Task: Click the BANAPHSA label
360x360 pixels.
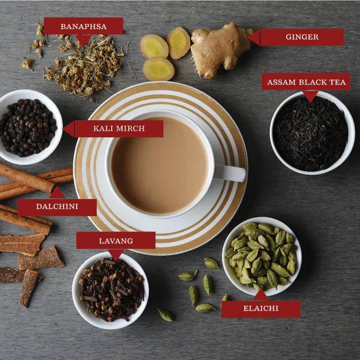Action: click(x=84, y=26)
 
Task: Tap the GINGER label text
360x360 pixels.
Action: click(x=302, y=37)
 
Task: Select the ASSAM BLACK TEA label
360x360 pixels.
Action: click(x=306, y=82)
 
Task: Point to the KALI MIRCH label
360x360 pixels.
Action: click(x=119, y=129)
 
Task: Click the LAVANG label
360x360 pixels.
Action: click(x=116, y=240)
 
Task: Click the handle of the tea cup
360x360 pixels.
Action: click(x=230, y=173)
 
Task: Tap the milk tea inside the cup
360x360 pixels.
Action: click(x=160, y=166)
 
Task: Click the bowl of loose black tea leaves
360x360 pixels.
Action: click(x=312, y=133)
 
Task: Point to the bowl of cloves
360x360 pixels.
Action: click(x=110, y=290)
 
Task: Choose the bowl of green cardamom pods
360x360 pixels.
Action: click(x=262, y=256)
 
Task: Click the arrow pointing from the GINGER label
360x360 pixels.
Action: click(x=254, y=37)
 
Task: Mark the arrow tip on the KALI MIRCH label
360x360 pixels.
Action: click(x=63, y=129)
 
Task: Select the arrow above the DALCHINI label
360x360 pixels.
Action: click(x=57, y=193)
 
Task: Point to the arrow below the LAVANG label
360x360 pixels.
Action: click(x=116, y=255)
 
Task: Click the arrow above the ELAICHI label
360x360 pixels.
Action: click(x=260, y=295)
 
